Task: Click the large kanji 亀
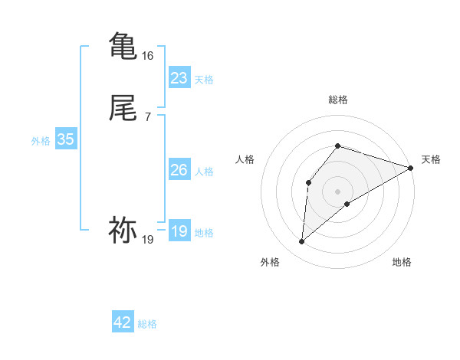(x=123, y=46)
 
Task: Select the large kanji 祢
(x=123, y=230)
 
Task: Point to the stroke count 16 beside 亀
(x=148, y=56)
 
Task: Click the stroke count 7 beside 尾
(x=148, y=117)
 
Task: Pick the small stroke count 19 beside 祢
(x=148, y=240)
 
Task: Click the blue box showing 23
(x=179, y=78)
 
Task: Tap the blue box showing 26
(x=179, y=170)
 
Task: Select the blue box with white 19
(x=179, y=231)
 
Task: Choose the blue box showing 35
(x=65, y=139)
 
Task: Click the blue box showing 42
(x=122, y=322)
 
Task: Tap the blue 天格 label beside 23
(x=204, y=80)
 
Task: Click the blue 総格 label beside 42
(x=147, y=324)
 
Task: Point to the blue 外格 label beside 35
(x=41, y=141)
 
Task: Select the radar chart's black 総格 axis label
(x=337, y=100)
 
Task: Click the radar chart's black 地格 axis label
(x=402, y=262)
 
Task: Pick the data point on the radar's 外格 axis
(x=302, y=242)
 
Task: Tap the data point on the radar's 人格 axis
(x=308, y=182)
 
